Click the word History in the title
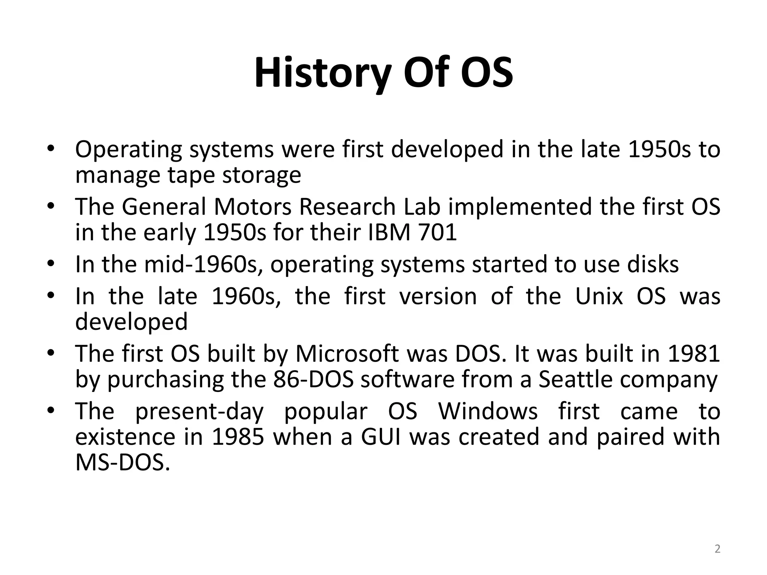pos(323,73)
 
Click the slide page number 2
pos(717,549)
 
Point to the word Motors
pos(252,207)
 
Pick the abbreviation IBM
pos(389,232)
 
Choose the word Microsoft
pos(347,354)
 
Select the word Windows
pos(488,411)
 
